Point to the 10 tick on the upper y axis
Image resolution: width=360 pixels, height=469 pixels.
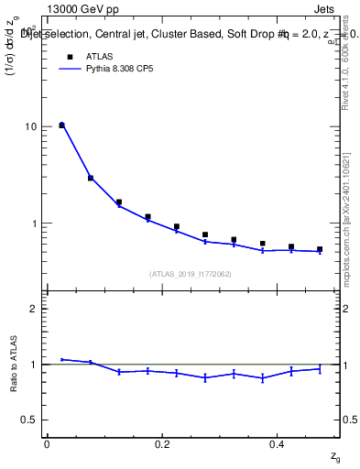(29, 126)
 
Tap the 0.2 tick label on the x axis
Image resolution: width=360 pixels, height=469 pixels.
(162, 444)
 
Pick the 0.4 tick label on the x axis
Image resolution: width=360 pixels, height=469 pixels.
(277, 444)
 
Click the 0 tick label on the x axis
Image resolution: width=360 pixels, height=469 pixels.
(47, 444)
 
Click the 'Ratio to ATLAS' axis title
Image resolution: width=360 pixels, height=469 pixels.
(13, 364)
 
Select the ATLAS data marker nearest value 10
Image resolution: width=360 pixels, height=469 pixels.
(61, 125)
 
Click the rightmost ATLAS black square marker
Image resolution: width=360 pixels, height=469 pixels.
(320, 249)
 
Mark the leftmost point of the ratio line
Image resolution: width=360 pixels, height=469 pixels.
(61, 359)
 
